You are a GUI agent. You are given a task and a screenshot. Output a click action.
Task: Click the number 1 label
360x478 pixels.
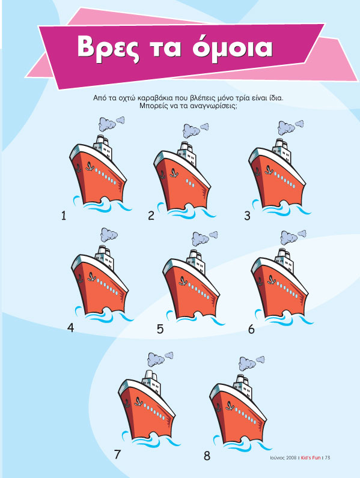point(63,216)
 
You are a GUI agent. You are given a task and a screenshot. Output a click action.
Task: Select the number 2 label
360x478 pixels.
point(151,216)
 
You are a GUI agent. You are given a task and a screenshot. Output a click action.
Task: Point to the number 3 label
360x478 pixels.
point(248,216)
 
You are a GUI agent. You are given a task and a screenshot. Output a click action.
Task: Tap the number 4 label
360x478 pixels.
point(70,328)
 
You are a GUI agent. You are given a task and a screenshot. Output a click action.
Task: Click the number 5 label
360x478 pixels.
point(160,329)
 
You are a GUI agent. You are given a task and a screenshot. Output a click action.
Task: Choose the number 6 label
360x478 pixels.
point(251,329)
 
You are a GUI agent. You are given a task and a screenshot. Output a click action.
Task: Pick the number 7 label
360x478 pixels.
point(117,455)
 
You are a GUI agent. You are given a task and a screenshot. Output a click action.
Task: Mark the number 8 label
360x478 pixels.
point(207,456)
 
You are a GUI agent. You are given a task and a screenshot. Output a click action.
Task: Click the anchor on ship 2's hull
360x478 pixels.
point(173,173)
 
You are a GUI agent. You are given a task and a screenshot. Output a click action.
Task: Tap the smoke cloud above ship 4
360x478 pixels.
point(109,234)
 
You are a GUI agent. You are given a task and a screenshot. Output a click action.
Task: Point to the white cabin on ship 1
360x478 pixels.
point(104,150)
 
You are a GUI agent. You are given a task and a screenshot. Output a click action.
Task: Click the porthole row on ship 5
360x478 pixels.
point(199,291)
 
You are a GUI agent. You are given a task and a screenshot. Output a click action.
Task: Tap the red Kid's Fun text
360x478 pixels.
point(311,458)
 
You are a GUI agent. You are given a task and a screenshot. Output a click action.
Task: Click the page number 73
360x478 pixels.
point(327,458)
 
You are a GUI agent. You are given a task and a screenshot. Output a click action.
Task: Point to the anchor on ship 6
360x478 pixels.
point(270,280)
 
